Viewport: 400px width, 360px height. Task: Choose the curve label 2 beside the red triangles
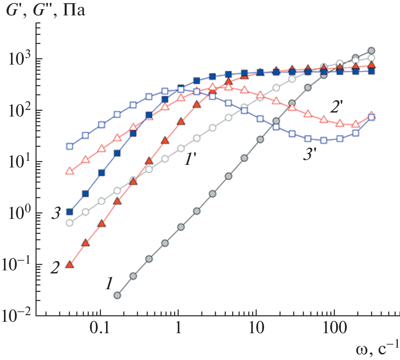[55, 267]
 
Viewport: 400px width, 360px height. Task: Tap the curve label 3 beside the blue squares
[55, 215]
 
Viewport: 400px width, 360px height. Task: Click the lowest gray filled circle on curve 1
[117, 295]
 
